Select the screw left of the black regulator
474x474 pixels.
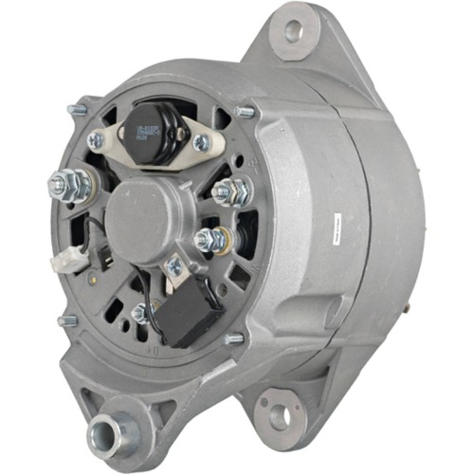pyautogui.click(x=96, y=139)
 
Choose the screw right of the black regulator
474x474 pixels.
pyautogui.click(x=201, y=142)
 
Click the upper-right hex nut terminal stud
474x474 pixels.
pyautogui.click(x=229, y=191)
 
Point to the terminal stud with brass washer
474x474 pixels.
pyautogui.click(x=211, y=240)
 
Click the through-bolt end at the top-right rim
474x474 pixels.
pyautogui.click(x=245, y=112)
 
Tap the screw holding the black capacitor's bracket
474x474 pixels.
pyautogui.click(x=173, y=268)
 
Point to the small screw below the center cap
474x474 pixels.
pyautogui.click(x=140, y=310)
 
